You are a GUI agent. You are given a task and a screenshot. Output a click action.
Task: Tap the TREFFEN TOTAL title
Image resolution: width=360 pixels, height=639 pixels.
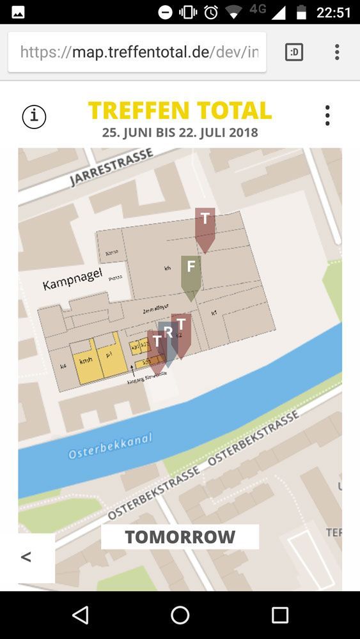point(180,111)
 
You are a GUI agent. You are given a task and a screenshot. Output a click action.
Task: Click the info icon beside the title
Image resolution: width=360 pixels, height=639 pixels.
point(34,116)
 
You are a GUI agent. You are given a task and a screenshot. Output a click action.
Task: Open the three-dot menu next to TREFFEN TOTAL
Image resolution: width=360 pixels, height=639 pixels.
point(327,116)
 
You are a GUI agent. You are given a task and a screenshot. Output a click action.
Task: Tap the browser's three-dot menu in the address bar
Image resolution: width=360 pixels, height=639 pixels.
point(337,52)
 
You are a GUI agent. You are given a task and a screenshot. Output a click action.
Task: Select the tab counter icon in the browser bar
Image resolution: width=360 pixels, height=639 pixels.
point(293,52)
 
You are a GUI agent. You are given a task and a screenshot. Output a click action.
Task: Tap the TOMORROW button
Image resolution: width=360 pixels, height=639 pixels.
point(180,537)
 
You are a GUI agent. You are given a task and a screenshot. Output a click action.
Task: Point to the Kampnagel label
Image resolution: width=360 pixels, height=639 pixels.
point(72,279)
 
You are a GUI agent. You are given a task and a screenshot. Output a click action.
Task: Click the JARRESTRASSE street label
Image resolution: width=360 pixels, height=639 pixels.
point(111,168)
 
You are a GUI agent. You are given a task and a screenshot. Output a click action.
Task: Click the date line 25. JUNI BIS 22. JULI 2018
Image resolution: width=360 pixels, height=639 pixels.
point(180,133)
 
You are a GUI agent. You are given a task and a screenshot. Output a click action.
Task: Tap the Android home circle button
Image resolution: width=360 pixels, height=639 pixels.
point(180,615)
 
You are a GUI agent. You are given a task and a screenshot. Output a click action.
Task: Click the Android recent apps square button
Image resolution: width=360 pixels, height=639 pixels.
point(280,615)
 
